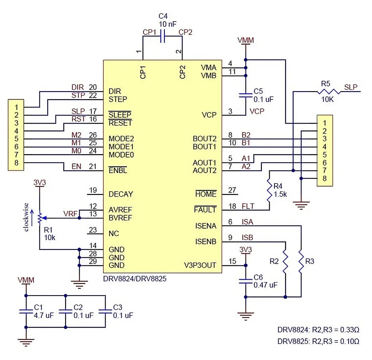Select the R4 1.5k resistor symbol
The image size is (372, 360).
point(269,190)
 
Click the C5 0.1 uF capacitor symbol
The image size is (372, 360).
point(245,95)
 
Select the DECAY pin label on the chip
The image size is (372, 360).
point(121,194)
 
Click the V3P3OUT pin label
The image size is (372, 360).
point(200,265)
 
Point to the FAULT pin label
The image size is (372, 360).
point(205,210)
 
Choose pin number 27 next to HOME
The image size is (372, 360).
point(232,190)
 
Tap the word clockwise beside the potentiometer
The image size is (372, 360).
point(26,217)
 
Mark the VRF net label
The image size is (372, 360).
point(70,214)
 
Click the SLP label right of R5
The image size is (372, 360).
point(351,87)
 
